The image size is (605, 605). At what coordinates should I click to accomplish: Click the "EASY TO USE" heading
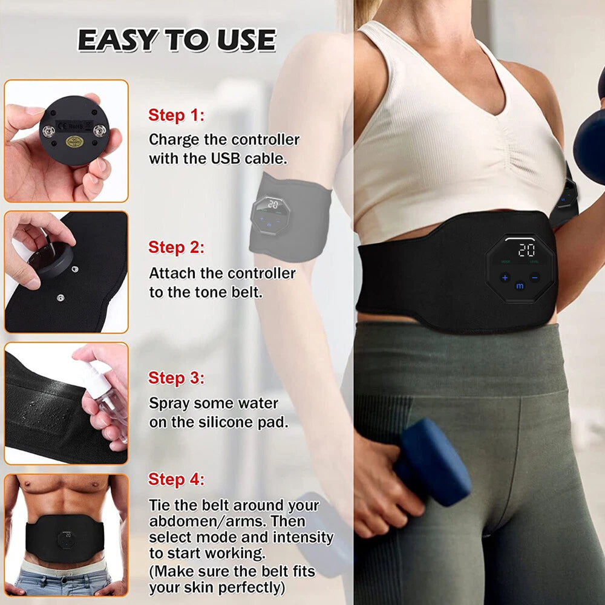(x=177, y=40)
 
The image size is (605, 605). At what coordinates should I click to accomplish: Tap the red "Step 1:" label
(x=176, y=115)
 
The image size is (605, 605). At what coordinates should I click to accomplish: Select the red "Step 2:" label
(x=176, y=247)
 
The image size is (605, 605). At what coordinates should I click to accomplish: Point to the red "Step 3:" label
(x=176, y=378)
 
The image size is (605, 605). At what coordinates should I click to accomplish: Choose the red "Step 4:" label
(x=176, y=480)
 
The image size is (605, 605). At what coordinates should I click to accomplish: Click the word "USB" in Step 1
(x=225, y=158)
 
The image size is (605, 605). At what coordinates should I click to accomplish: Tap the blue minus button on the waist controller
(x=535, y=278)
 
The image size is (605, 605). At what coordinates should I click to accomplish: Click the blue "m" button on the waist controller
(x=520, y=286)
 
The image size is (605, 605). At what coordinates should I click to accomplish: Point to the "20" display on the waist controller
(x=526, y=250)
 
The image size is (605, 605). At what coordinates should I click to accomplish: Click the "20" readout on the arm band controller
(x=273, y=204)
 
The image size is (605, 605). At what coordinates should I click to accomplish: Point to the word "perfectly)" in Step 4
(x=250, y=588)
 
